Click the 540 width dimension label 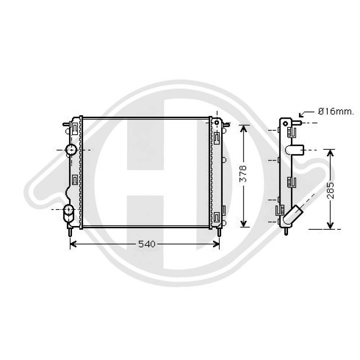(x=147, y=244)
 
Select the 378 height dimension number (x=243, y=174)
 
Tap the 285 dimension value (x=330, y=190)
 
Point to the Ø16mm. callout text (x=336, y=112)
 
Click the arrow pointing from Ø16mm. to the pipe (x=306, y=113)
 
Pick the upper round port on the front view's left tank (x=71, y=150)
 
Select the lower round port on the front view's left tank (x=69, y=210)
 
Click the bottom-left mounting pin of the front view (x=70, y=232)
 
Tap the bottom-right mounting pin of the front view (x=219, y=232)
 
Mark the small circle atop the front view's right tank (x=216, y=122)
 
